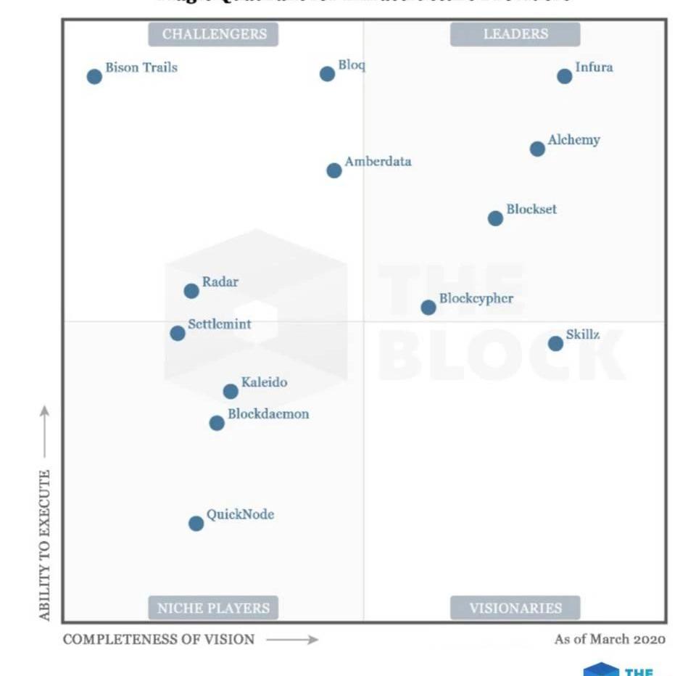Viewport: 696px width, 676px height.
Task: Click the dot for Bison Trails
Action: (x=94, y=76)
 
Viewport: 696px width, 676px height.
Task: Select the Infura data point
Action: (x=564, y=76)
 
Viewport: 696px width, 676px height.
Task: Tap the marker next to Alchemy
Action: (x=537, y=149)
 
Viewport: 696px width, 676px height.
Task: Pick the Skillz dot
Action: (x=555, y=343)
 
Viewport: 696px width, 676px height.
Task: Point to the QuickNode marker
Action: (x=196, y=523)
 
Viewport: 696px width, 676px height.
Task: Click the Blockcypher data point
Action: (x=428, y=307)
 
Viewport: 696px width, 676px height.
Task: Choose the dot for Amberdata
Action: (x=333, y=170)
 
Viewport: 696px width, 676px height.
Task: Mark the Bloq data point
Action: (x=327, y=73)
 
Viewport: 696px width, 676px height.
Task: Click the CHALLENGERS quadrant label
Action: (x=214, y=34)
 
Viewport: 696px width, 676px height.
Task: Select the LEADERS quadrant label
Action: (x=515, y=34)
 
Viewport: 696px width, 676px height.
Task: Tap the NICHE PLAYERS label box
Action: (x=213, y=608)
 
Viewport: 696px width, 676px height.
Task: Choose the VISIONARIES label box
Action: (x=515, y=608)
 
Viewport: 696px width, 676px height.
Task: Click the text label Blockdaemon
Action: (x=268, y=414)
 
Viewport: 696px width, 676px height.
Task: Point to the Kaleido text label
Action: (x=264, y=382)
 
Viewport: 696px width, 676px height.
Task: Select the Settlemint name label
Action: (x=219, y=324)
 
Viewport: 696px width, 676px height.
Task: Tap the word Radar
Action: (x=220, y=282)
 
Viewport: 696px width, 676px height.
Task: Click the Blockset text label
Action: (x=531, y=210)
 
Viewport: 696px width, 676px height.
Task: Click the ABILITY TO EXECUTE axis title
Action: (x=45, y=544)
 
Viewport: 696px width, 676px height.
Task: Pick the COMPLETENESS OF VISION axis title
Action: (x=159, y=639)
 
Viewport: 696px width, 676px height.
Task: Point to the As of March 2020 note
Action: (x=610, y=639)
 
